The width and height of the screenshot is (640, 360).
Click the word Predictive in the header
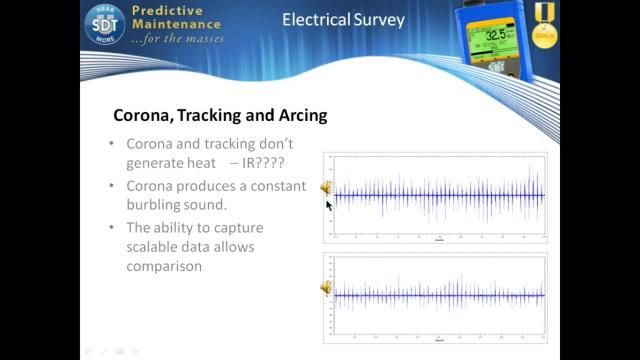point(167,9)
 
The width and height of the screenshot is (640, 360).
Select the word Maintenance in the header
point(178,25)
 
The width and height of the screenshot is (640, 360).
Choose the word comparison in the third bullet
point(165,266)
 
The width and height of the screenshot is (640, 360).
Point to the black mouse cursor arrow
point(329,204)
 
